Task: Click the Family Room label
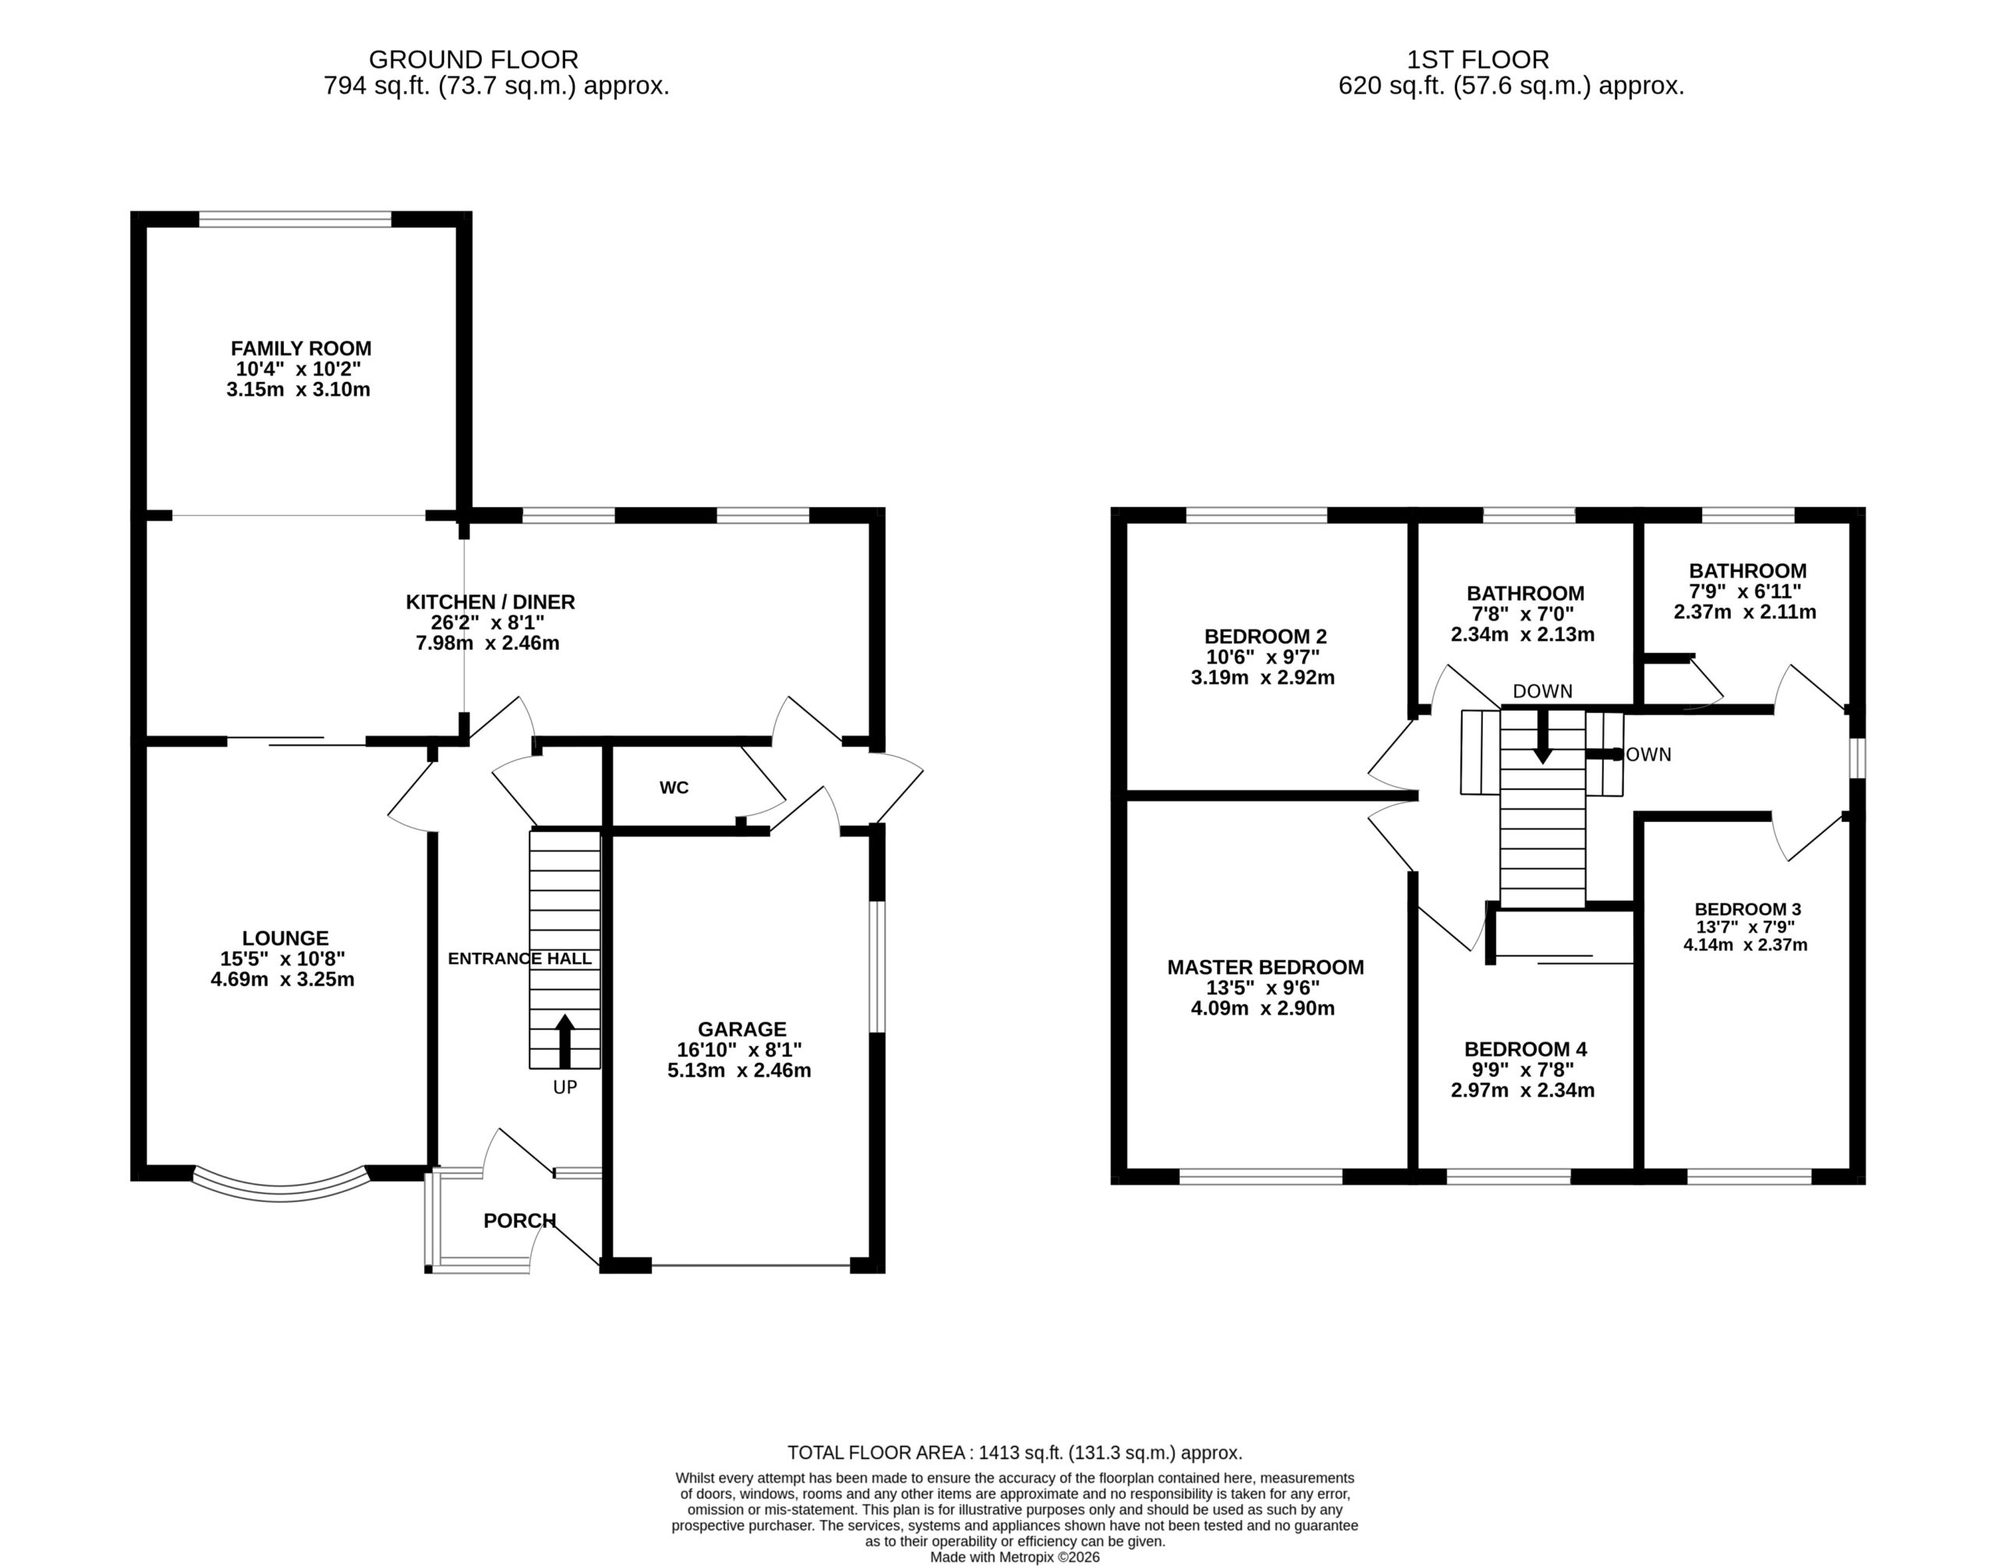coord(301,348)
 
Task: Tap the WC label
coord(674,788)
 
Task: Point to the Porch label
coord(520,1220)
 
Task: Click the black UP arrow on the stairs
coord(565,1041)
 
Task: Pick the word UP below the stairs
coord(565,1088)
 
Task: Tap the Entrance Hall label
coord(520,959)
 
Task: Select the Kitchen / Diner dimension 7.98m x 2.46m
coord(487,643)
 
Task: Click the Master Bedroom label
coord(1266,968)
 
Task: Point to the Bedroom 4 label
coord(1525,1049)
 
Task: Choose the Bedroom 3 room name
coord(1748,909)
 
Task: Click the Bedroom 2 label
coord(1266,637)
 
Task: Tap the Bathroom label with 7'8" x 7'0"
coord(1525,593)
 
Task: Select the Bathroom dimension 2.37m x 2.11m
coord(1746,612)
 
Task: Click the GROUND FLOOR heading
coord(473,59)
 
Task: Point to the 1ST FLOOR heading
coord(1478,59)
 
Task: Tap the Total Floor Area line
coord(1015,1452)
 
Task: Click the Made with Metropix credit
coord(1015,1557)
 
